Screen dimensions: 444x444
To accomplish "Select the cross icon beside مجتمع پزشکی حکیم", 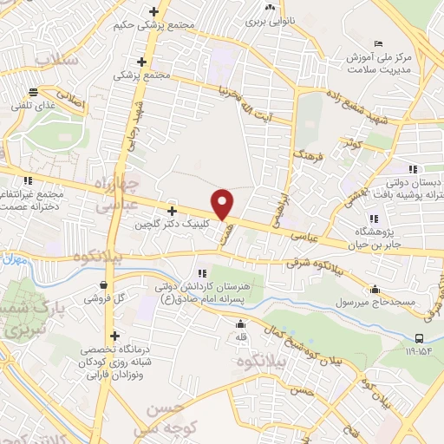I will coord(153,12).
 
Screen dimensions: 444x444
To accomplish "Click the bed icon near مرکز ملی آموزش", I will coord(375,44).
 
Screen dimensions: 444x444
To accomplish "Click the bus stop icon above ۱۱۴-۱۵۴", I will coord(420,339).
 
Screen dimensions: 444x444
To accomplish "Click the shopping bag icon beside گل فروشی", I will coord(105,284).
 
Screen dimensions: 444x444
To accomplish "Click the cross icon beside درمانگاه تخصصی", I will coord(114,336).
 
